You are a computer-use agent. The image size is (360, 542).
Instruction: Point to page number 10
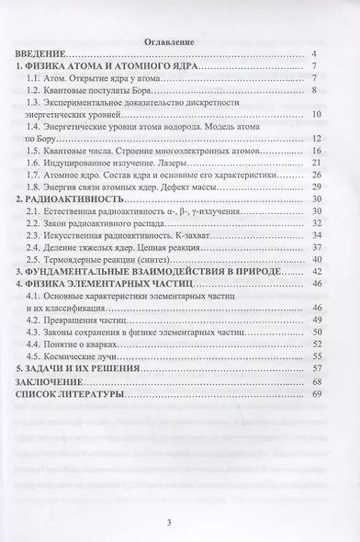314,113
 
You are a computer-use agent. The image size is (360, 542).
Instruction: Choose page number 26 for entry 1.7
314,174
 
